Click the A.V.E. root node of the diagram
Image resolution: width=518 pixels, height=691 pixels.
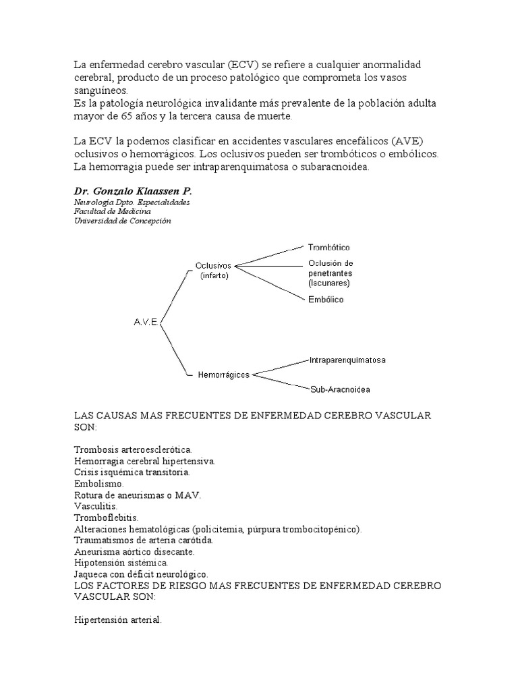[x=146, y=323]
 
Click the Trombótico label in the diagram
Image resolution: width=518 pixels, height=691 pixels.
[x=328, y=248]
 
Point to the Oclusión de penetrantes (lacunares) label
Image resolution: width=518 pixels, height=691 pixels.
[x=330, y=273]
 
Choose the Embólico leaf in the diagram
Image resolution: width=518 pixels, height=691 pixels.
[x=325, y=300]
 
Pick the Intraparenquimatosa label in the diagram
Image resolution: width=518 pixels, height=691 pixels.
[x=347, y=360]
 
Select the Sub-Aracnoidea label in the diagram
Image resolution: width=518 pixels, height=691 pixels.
[x=340, y=389]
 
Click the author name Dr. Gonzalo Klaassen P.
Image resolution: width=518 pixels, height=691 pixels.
[x=133, y=192]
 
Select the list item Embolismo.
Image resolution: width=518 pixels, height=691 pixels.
[x=99, y=483]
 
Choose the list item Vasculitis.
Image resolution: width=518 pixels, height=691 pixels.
[x=95, y=505]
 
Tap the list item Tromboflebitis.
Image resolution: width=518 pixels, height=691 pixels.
[x=105, y=517]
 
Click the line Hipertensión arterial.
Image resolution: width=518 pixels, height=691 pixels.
[x=117, y=618]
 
